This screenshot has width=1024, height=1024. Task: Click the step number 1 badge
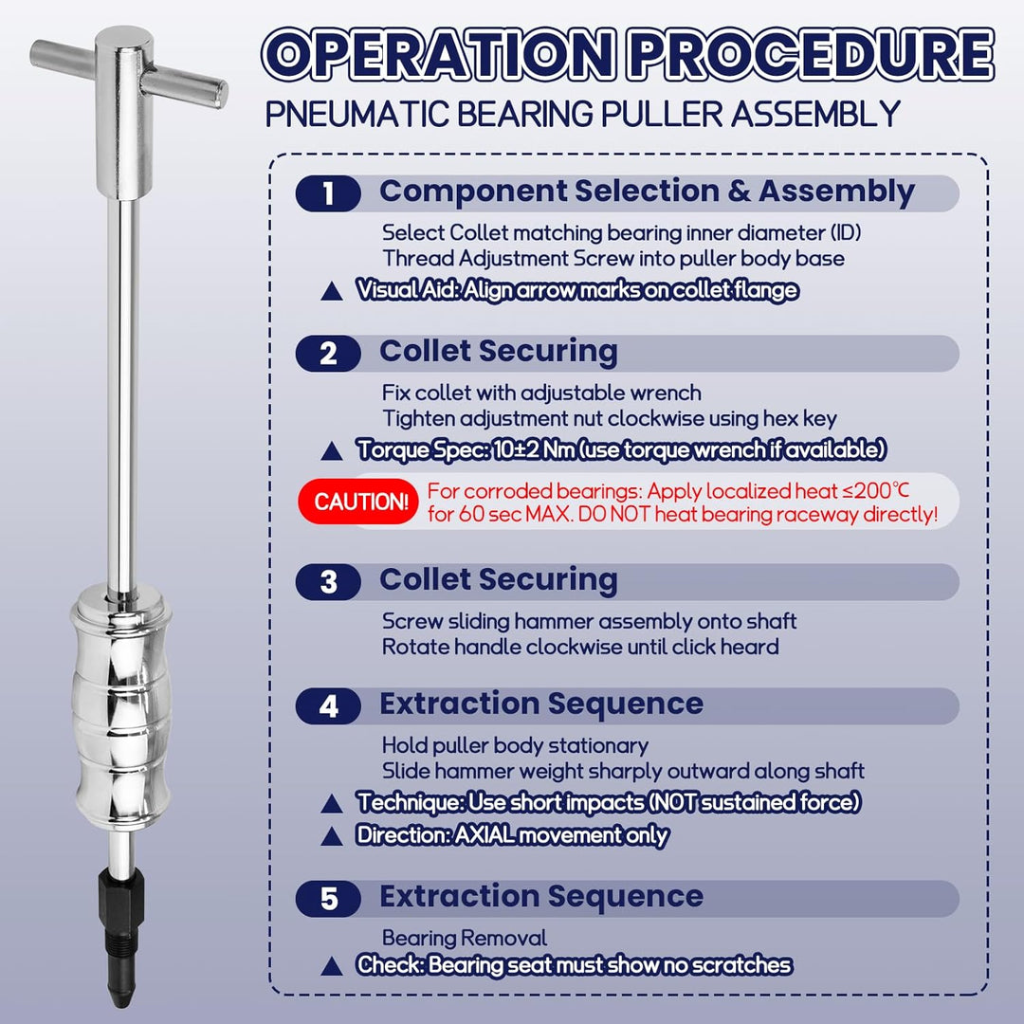click(x=328, y=193)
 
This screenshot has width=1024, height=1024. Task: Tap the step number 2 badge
click(x=328, y=354)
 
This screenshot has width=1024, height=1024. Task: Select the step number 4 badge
click(x=328, y=706)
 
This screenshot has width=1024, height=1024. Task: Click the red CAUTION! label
click(x=362, y=502)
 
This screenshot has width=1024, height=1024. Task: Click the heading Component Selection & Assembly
click(x=647, y=192)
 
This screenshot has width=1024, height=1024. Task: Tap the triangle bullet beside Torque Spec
click(x=332, y=452)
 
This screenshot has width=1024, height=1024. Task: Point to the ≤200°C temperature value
click(x=879, y=491)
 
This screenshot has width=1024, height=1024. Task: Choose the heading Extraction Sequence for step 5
click(x=541, y=896)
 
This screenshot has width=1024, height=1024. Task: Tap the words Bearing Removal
click(x=464, y=939)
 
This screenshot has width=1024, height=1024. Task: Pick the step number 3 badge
click(x=328, y=582)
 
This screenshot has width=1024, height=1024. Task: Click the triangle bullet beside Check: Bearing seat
click(x=332, y=966)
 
